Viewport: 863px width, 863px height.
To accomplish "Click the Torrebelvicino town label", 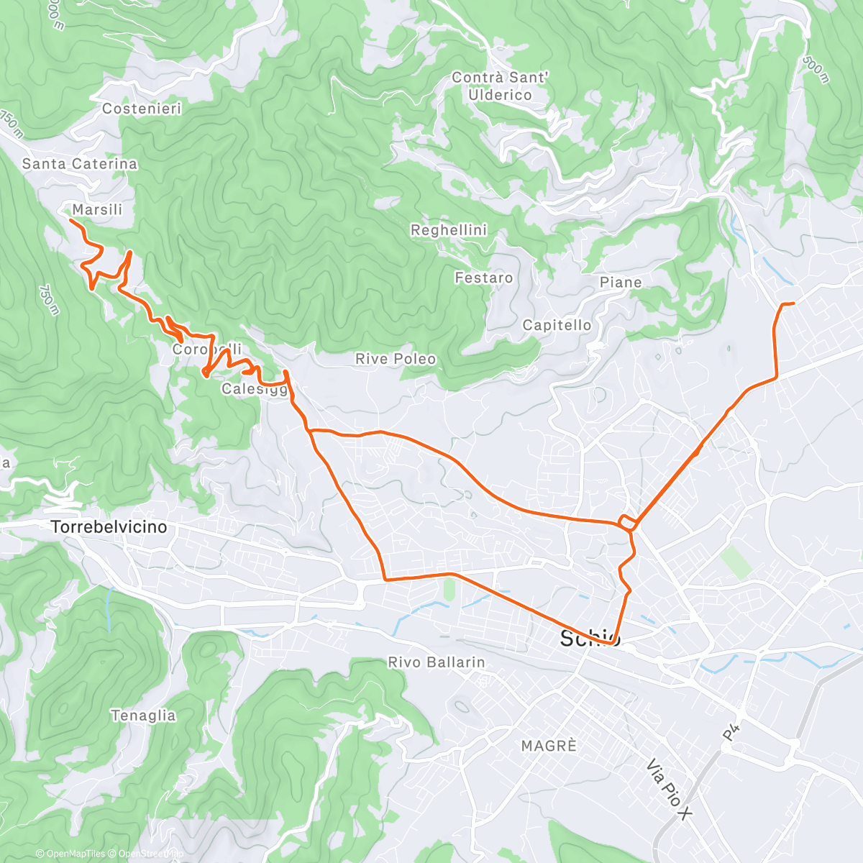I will click(x=109, y=527).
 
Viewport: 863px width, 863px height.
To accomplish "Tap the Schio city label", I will click(x=590, y=638).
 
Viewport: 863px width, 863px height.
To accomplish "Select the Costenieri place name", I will click(x=142, y=109).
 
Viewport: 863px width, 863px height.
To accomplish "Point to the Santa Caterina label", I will click(x=79, y=164).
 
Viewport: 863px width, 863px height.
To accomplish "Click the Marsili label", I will click(x=97, y=209).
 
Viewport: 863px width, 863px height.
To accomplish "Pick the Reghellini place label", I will click(x=449, y=230).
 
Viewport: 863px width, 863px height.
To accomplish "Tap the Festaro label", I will click(x=484, y=278).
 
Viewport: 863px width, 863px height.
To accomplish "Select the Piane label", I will click(x=621, y=283).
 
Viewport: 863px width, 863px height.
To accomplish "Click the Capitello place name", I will click(x=557, y=325).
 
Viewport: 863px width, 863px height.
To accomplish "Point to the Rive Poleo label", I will click(x=396, y=359).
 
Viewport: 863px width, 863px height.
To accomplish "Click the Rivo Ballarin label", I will click(x=437, y=662).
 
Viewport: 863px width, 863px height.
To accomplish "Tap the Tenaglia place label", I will click(x=143, y=716).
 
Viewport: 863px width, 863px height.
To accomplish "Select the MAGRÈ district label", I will click(x=549, y=746).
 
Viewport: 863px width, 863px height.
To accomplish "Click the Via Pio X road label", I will click(x=669, y=790).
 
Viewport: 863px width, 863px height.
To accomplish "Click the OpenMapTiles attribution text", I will click(x=70, y=854).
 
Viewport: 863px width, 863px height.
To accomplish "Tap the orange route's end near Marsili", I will click(x=70, y=220).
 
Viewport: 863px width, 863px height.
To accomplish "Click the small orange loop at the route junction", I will click(x=626, y=522).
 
